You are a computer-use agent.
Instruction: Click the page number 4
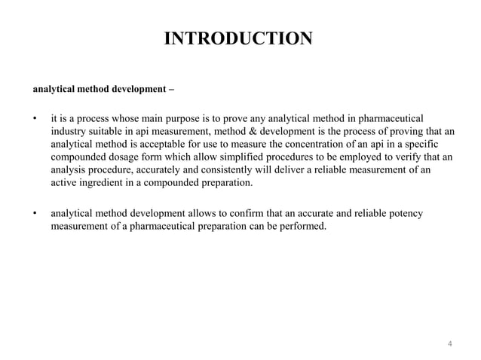[449, 344]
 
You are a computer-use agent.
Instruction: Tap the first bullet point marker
[35, 118]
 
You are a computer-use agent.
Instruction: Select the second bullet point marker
[35, 215]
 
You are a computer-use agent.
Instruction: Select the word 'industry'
[69, 132]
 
